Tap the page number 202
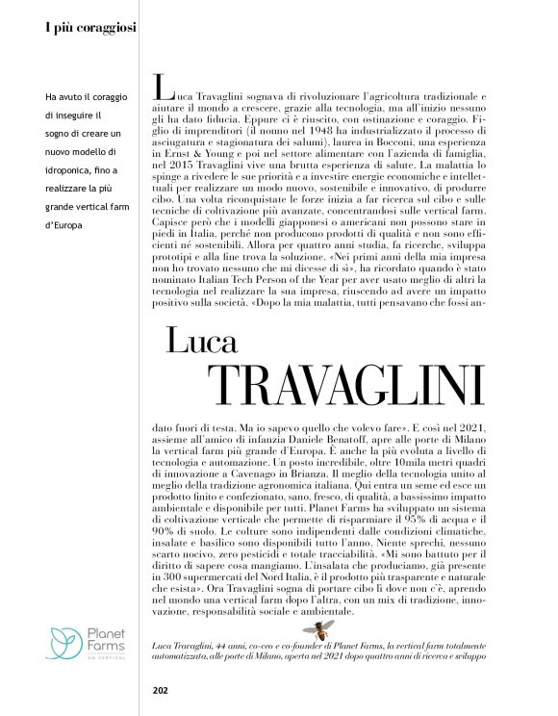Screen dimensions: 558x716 161,689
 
